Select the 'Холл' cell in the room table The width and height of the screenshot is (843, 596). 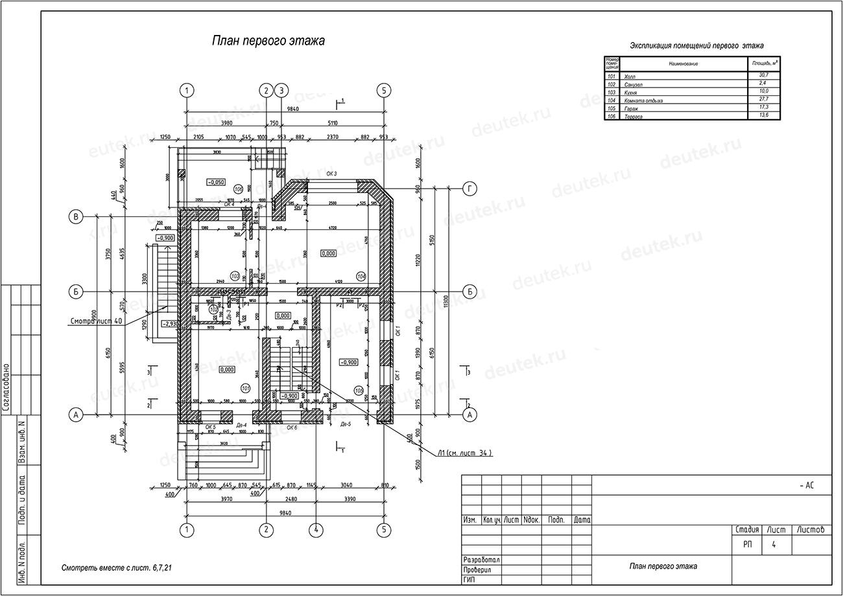630,76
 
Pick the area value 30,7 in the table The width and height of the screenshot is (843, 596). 763,76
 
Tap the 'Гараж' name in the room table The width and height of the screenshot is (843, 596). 633,108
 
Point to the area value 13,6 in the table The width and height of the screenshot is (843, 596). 763,115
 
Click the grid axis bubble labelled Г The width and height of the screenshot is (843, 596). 469,189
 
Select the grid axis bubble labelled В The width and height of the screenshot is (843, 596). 76,217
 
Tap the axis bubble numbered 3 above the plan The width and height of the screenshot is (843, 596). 281,90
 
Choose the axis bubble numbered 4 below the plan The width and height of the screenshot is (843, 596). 316,530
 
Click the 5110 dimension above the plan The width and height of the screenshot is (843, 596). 332,123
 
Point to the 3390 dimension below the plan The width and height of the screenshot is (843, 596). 349,499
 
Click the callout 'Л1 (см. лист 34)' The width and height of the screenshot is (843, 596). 464,453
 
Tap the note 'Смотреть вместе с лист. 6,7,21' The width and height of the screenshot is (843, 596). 117,568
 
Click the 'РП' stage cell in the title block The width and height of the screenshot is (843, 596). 748,545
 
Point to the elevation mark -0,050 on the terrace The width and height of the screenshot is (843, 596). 216,182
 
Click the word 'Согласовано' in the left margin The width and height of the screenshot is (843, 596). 7,387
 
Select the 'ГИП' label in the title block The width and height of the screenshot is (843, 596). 470,579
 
